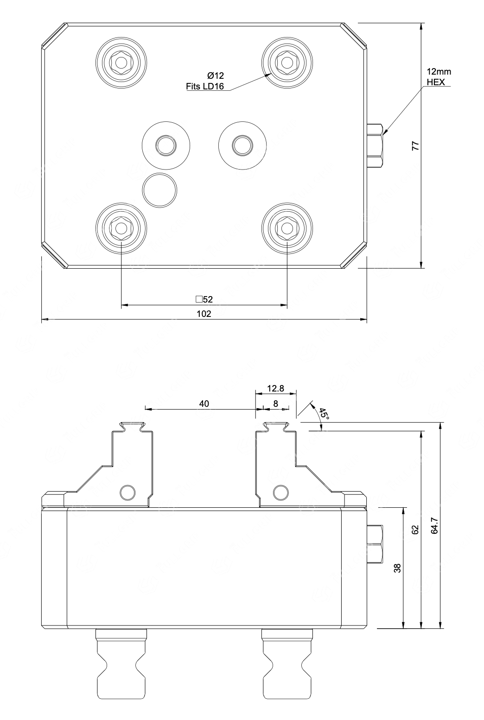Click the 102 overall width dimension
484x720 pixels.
[204, 314]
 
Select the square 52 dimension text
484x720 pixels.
[204, 299]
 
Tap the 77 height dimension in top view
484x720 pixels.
[416, 145]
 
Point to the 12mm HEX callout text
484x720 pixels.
[438, 76]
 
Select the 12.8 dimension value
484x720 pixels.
[275, 388]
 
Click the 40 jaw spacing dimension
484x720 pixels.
[204, 404]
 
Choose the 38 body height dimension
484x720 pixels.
[398, 568]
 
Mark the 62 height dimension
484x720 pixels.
[415, 529]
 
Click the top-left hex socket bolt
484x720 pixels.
[121, 61]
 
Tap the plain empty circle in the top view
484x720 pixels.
[160, 189]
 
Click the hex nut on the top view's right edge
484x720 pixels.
[375, 145]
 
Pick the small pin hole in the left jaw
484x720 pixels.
[127, 492]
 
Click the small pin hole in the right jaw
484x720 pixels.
[280, 492]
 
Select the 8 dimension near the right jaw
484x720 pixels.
[275, 404]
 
